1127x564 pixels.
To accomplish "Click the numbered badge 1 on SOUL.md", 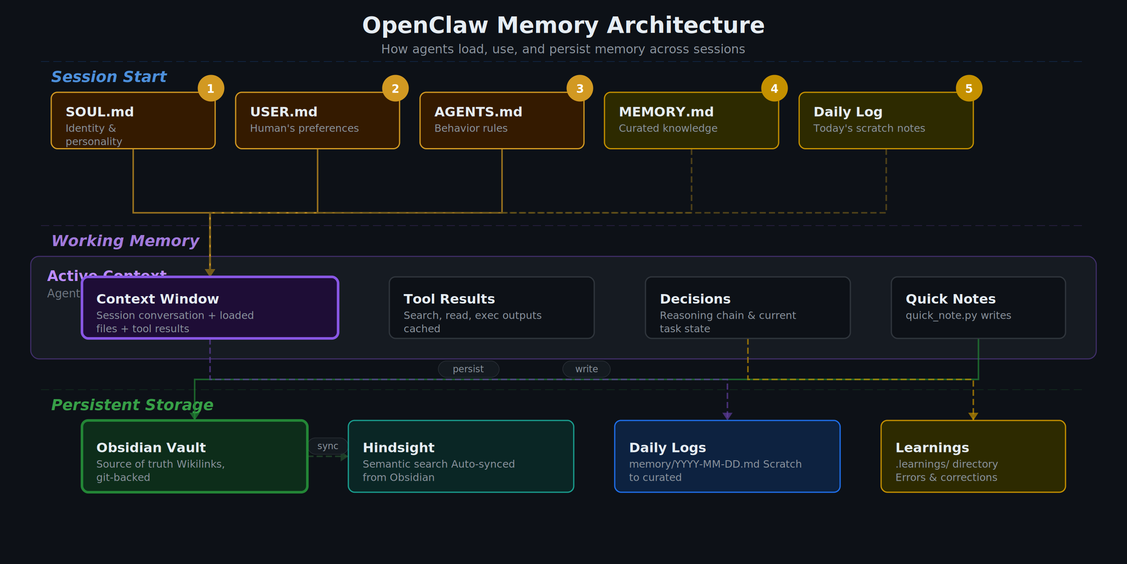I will click(x=211, y=89).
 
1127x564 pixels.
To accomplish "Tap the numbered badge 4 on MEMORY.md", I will click(x=774, y=89).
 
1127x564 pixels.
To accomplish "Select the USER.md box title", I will click(x=284, y=112).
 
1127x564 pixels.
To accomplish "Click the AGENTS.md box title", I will click(x=478, y=112).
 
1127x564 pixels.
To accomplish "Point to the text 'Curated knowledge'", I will click(x=668, y=128).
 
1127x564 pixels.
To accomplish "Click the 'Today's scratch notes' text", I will click(x=869, y=128).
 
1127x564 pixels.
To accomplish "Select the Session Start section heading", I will click(x=109, y=77).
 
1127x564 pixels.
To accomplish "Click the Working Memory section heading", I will click(x=125, y=241).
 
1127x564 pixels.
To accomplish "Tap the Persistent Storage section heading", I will click(x=132, y=405).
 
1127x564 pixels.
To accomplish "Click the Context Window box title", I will click(x=157, y=299).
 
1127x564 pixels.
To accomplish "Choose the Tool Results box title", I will click(x=449, y=299).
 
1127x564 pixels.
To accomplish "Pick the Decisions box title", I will click(x=695, y=299).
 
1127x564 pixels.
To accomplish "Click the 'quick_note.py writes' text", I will click(x=958, y=316).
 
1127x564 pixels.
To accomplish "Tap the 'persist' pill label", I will click(x=468, y=369).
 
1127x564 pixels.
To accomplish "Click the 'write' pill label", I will click(x=586, y=369).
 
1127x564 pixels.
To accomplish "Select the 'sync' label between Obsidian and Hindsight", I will click(x=328, y=446).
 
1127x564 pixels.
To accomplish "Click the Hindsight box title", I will click(x=398, y=448).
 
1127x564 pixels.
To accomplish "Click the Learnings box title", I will click(x=932, y=448).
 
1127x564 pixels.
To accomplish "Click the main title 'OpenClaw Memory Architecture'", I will click(x=563, y=25).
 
